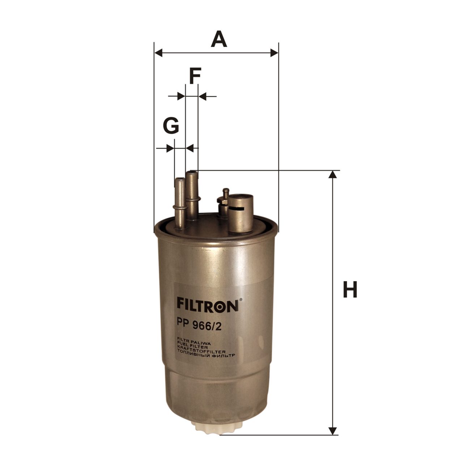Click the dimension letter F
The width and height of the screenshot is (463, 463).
[195, 76]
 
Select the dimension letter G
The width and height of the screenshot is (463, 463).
[171, 125]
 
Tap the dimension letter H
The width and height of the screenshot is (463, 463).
[350, 290]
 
